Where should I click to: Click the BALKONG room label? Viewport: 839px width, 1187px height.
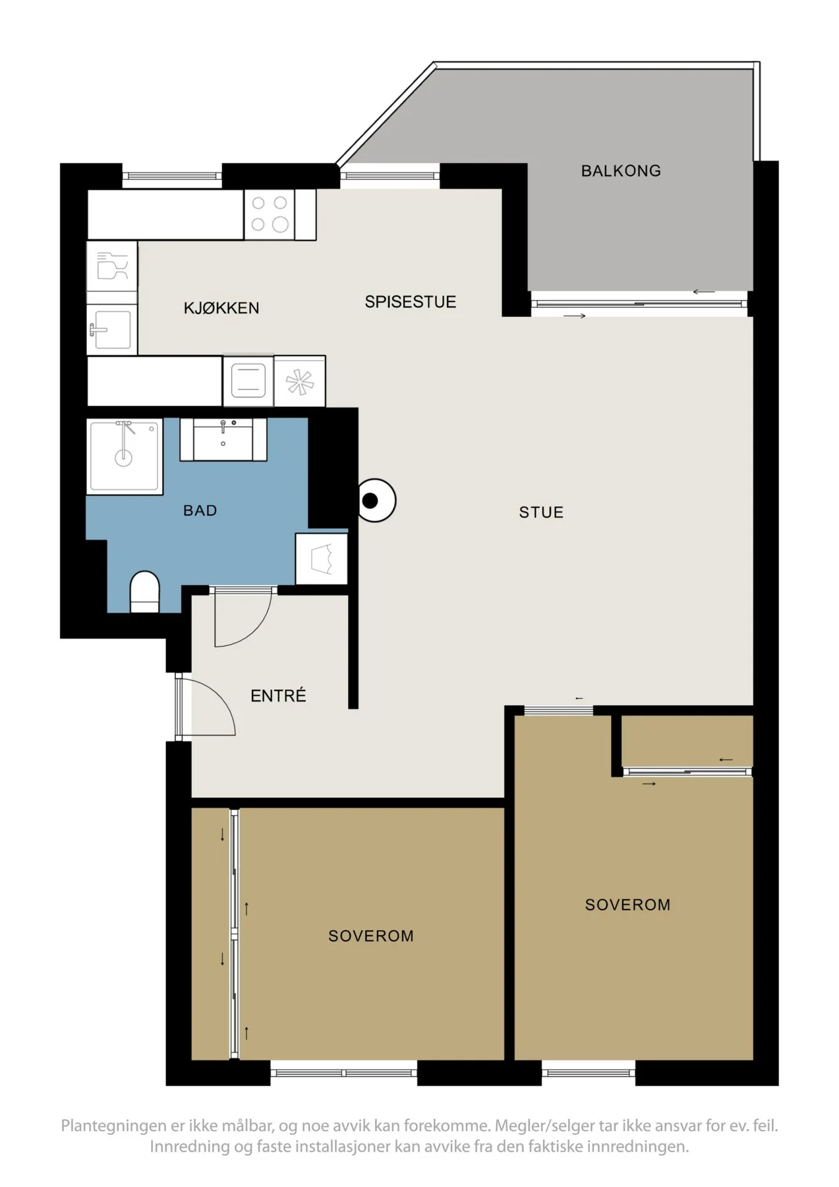click(x=620, y=171)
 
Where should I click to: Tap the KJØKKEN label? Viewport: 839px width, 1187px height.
click(x=221, y=307)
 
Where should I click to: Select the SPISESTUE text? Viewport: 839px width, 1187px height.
click(x=410, y=302)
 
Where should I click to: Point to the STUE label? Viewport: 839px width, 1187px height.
click(x=541, y=512)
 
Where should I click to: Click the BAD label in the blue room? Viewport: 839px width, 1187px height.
click(x=200, y=510)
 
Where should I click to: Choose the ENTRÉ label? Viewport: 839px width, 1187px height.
click(x=278, y=695)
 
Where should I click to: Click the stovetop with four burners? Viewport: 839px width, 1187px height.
click(x=270, y=214)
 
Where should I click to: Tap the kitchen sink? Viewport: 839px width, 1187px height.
click(x=112, y=330)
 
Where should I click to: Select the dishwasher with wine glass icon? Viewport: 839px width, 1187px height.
click(x=112, y=265)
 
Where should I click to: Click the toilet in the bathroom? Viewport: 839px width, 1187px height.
click(x=145, y=592)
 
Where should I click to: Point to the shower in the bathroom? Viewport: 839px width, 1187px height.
click(x=125, y=456)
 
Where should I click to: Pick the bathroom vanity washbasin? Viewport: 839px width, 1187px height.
click(x=223, y=439)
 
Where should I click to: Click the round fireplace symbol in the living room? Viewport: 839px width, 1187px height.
click(x=374, y=501)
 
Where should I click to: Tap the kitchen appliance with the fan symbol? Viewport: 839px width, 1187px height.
click(x=300, y=381)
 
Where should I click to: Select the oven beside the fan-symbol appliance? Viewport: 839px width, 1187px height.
click(x=248, y=381)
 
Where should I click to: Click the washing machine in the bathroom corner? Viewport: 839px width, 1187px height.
click(x=322, y=559)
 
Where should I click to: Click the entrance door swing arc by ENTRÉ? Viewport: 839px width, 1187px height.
click(x=222, y=698)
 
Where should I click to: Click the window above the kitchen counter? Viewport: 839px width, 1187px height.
click(x=172, y=175)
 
